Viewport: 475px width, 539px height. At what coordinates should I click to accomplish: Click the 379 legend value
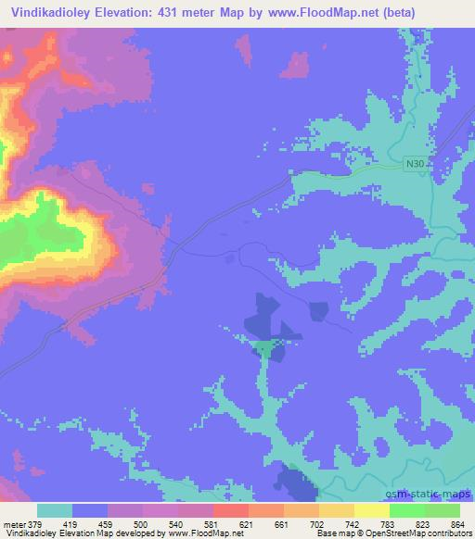coord(35,523)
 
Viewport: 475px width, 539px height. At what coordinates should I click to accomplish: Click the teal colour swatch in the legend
coord(55,510)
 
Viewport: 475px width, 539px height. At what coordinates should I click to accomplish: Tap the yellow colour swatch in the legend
coord(372,510)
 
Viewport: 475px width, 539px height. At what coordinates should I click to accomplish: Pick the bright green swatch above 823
coord(407,510)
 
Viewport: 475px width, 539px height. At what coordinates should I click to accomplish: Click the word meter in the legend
coord(13,523)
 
